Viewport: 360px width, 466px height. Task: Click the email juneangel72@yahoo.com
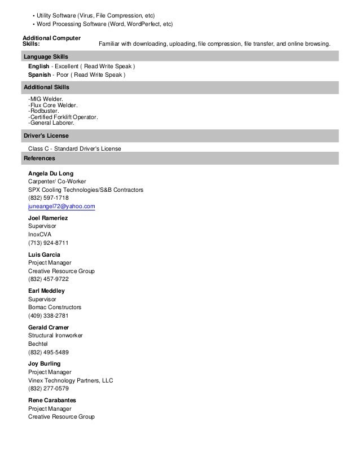coord(62,207)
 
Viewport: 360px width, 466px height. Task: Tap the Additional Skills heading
coord(46,87)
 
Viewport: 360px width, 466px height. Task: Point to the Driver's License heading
coord(45,136)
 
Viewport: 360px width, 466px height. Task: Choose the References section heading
coord(39,159)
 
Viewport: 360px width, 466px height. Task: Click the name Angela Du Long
coord(51,173)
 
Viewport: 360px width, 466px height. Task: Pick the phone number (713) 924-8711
coord(49,243)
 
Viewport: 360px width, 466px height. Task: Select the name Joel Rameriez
coord(48,218)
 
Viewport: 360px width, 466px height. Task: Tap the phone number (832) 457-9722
coord(49,279)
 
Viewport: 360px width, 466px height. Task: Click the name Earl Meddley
coord(46,291)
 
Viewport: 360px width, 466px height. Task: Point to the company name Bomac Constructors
coord(55,307)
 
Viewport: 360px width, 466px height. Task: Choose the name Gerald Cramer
coord(49,327)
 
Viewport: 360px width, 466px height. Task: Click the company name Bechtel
coord(38,344)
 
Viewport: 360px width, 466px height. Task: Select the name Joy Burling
coord(44,364)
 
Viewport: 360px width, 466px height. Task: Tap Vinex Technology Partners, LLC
coord(71,380)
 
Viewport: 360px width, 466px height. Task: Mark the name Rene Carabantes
coord(52,400)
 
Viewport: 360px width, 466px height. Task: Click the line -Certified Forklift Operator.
coord(63,117)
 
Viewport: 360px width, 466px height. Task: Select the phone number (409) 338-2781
coord(49,316)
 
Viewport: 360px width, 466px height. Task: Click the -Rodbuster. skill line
coord(44,111)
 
